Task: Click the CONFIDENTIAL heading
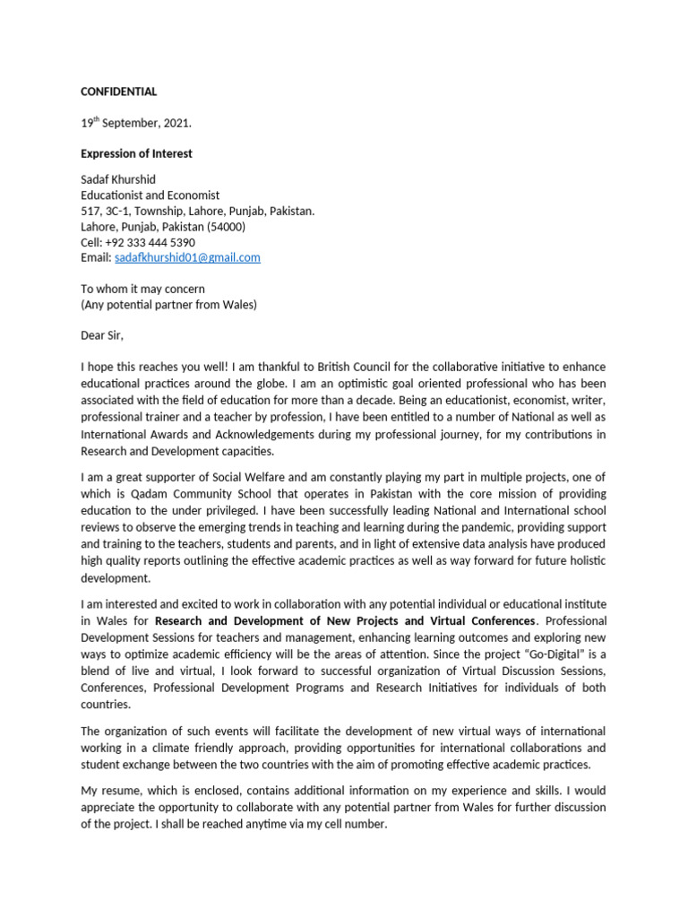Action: point(118,91)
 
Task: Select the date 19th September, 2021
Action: point(135,123)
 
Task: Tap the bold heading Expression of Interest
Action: point(136,153)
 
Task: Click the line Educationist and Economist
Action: point(150,195)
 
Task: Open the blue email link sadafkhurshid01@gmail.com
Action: point(187,257)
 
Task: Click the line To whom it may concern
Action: point(142,289)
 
